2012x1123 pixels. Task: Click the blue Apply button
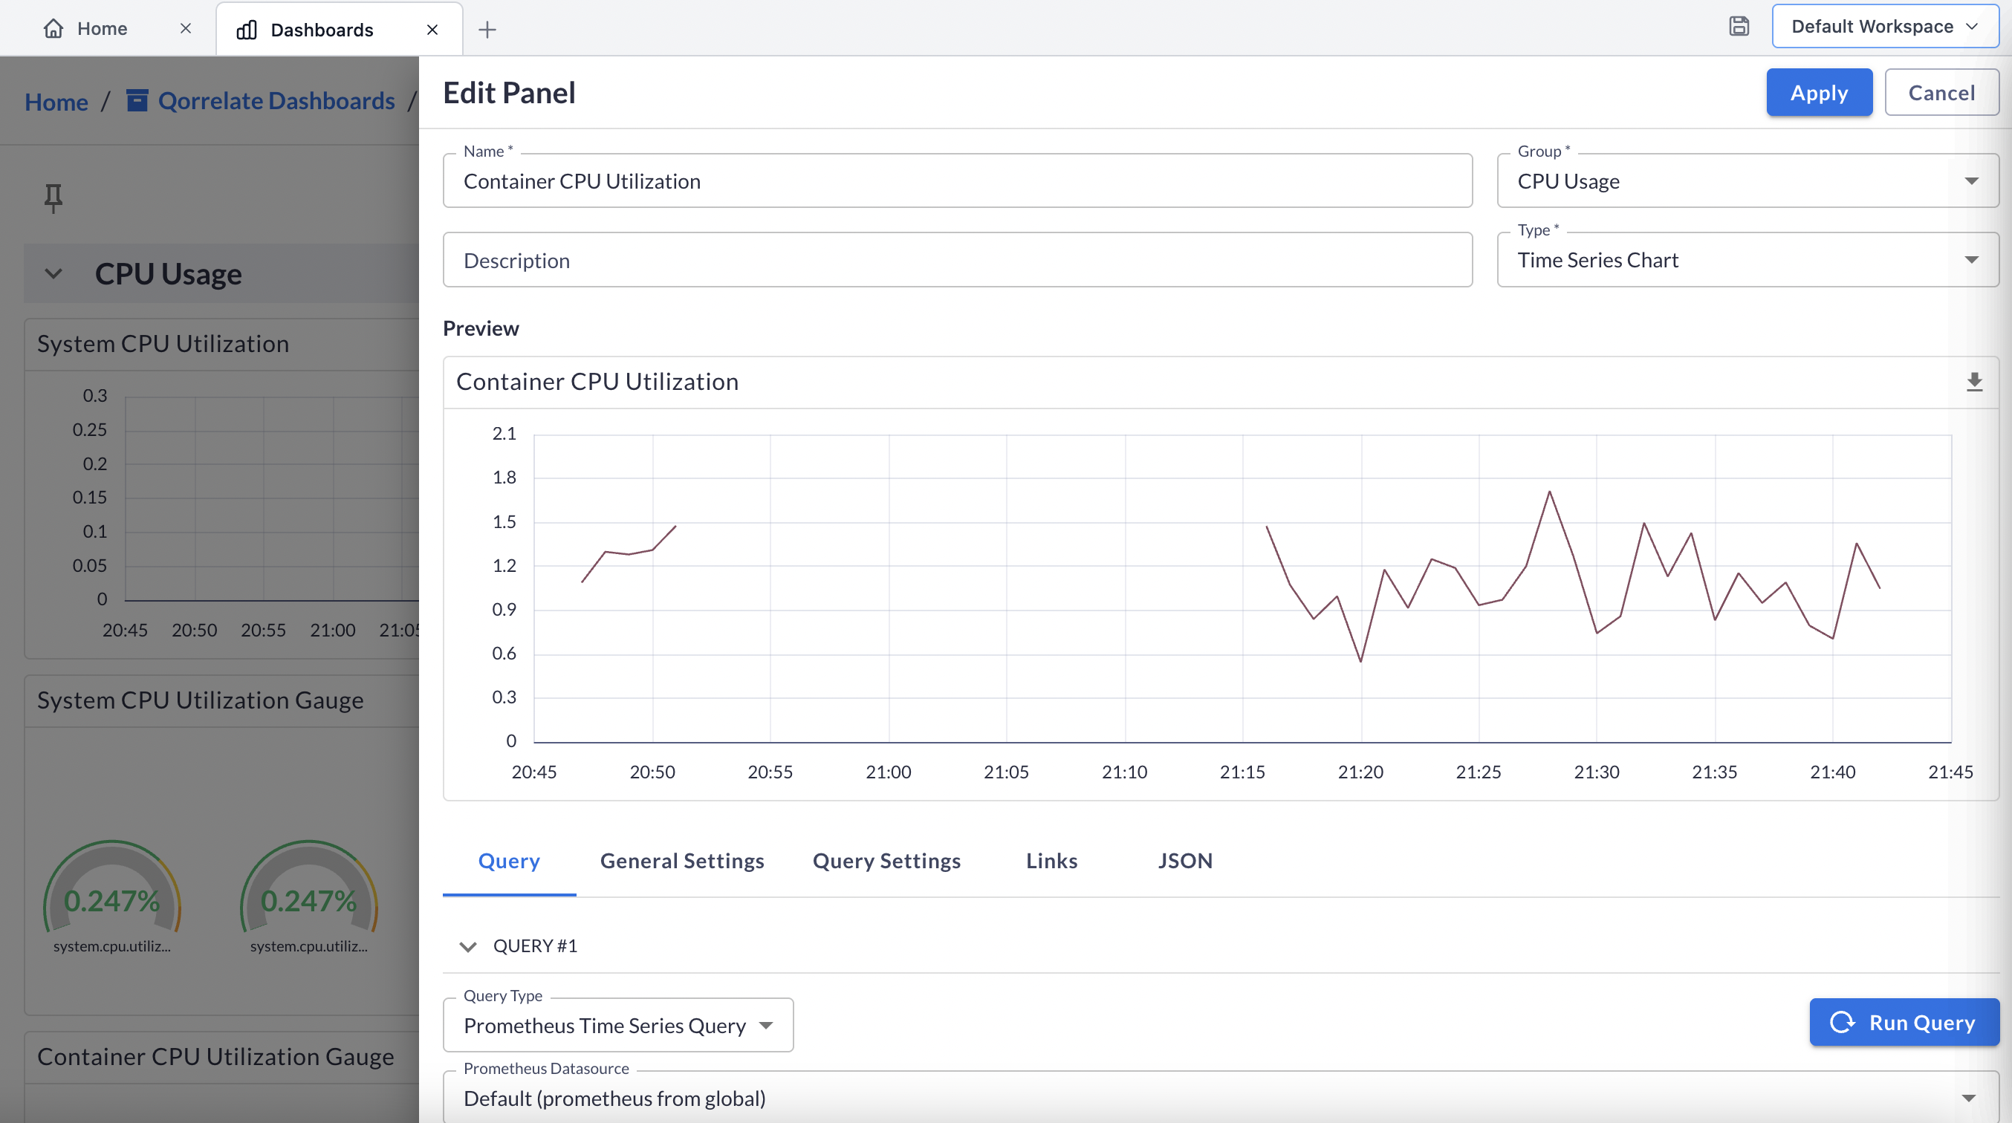click(1818, 93)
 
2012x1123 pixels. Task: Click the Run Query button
click(1904, 1022)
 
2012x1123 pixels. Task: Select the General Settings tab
click(681, 861)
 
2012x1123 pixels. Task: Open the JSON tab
click(1184, 861)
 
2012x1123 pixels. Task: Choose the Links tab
click(1051, 861)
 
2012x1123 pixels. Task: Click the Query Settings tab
click(886, 861)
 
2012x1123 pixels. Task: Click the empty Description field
click(957, 260)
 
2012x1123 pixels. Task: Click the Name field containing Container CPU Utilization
click(957, 181)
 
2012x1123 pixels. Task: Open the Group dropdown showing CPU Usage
click(1747, 181)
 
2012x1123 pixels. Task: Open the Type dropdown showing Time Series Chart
click(1747, 260)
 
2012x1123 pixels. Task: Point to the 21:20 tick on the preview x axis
click(1360, 772)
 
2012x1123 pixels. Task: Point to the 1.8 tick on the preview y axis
click(504, 477)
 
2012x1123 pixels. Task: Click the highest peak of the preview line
click(1549, 492)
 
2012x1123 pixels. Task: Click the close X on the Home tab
click(185, 29)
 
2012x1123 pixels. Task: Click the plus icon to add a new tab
click(487, 30)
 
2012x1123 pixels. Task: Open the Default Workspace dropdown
click(1883, 27)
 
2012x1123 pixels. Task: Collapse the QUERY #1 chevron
click(467, 946)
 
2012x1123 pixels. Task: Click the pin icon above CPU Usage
click(53, 198)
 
